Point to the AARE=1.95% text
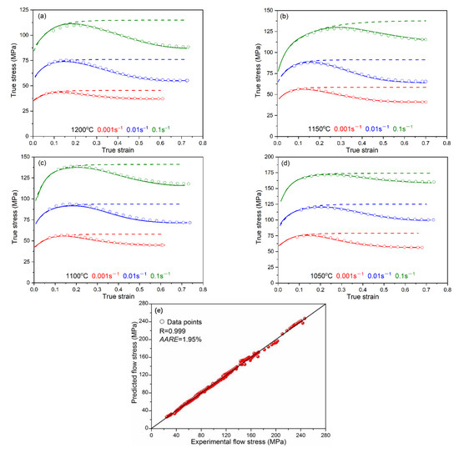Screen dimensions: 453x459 tap(178, 341)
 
